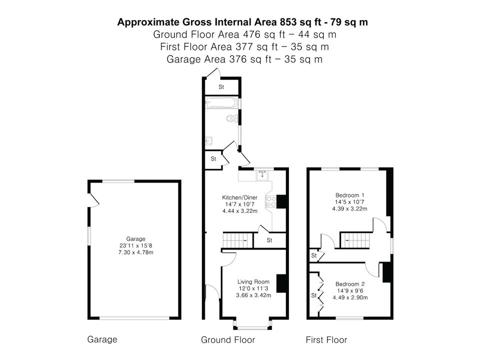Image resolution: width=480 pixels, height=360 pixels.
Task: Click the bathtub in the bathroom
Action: (221, 102)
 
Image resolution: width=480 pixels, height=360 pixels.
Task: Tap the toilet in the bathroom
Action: (232, 118)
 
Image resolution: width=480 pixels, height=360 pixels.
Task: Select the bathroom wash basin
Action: (209, 141)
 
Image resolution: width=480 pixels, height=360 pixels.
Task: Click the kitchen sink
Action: (262, 175)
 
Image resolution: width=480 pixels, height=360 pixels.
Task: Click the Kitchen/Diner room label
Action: (239, 197)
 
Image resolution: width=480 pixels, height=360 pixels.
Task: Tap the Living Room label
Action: (253, 281)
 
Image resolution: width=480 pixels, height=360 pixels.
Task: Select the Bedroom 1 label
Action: (350, 195)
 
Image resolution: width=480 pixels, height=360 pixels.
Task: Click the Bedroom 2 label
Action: (350, 284)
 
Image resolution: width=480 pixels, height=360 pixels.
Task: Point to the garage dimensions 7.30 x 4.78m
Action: (136, 252)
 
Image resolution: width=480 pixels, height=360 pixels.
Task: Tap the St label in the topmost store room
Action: (221, 87)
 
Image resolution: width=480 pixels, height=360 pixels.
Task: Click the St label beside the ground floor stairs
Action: (269, 240)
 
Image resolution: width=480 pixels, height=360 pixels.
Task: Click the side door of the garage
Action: (93, 199)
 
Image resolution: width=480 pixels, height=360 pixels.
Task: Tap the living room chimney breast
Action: (281, 283)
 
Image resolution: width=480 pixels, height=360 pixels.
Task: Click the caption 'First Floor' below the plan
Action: (326, 340)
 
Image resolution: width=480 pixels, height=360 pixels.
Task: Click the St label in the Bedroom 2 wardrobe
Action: (314, 295)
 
